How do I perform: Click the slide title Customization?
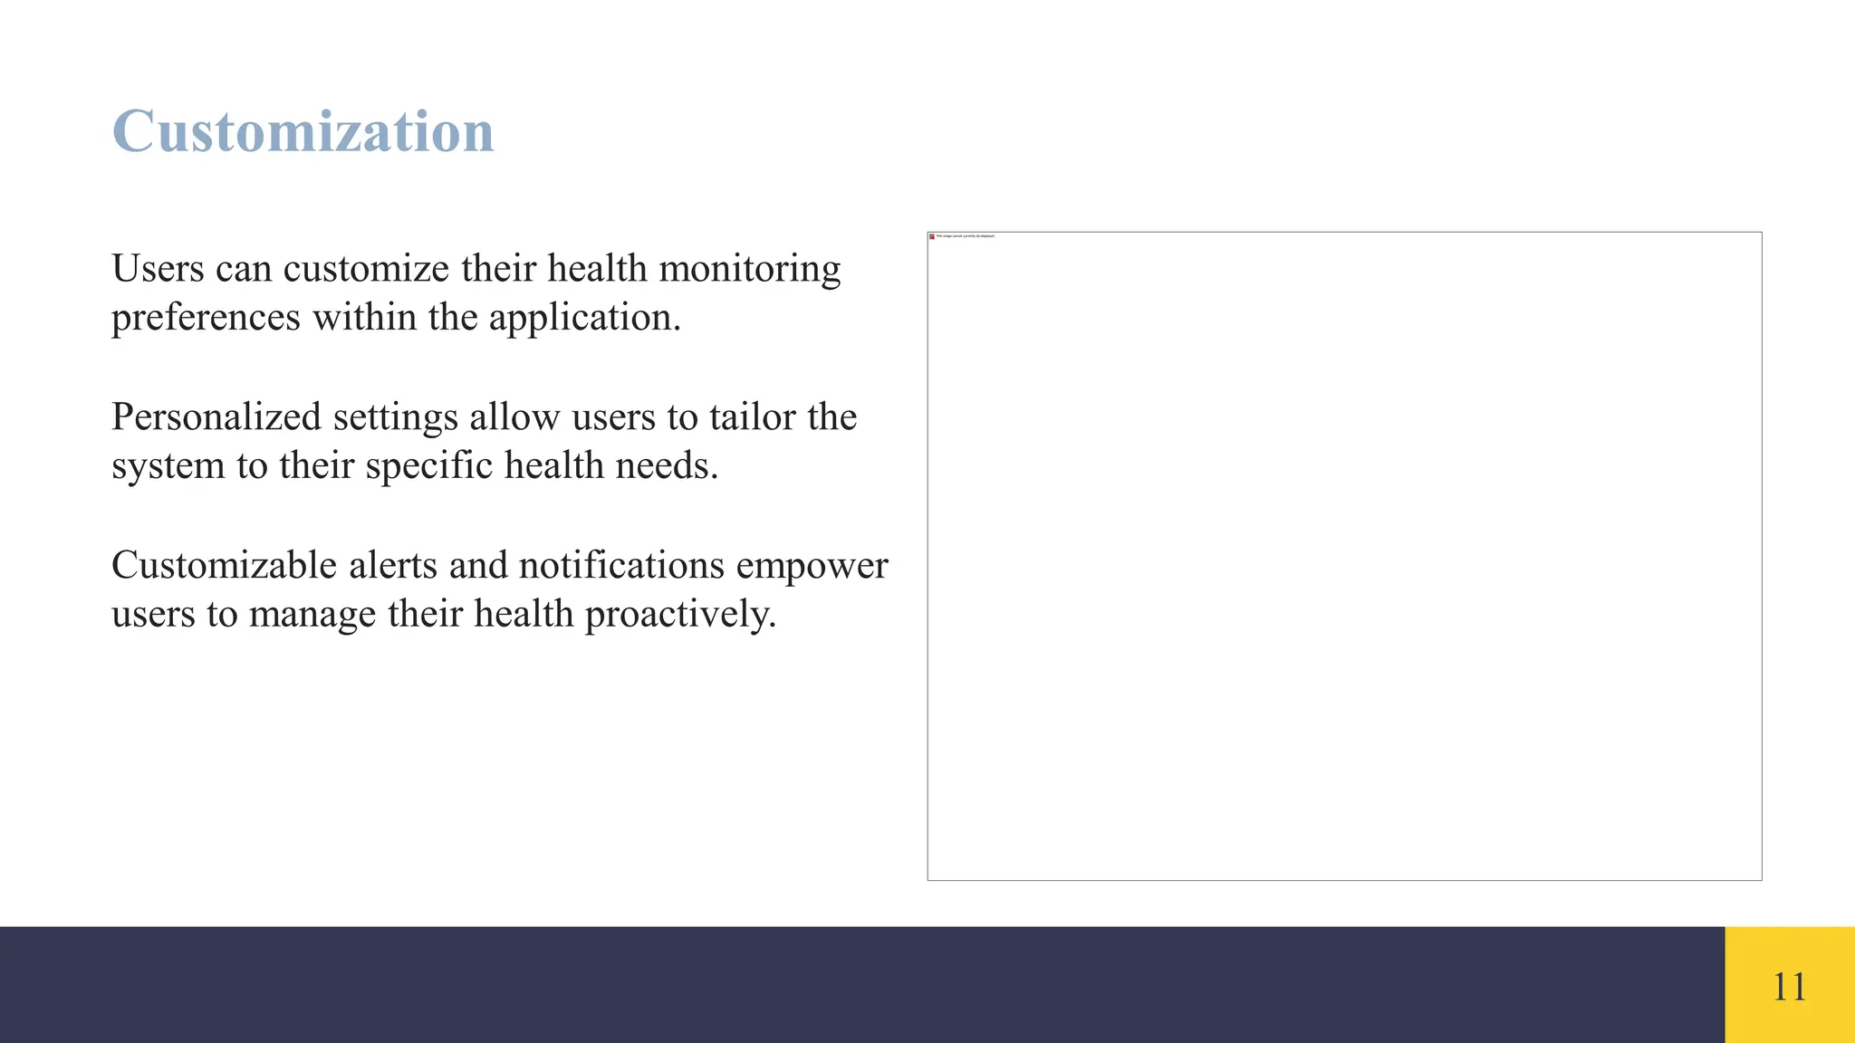coord(303,131)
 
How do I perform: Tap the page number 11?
coord(1789,986)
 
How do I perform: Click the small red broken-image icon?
coord(932,236)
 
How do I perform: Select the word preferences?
coord(206,318)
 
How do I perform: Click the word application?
coord(584,318)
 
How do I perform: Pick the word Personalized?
coord(216,417)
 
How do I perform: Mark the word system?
coord(168,466)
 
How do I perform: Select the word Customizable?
coord(224,566)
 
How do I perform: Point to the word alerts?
coord(393,566)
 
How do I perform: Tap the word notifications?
coord(621,566)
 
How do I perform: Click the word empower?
coord(812,566)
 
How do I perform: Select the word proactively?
coord(680,615)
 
